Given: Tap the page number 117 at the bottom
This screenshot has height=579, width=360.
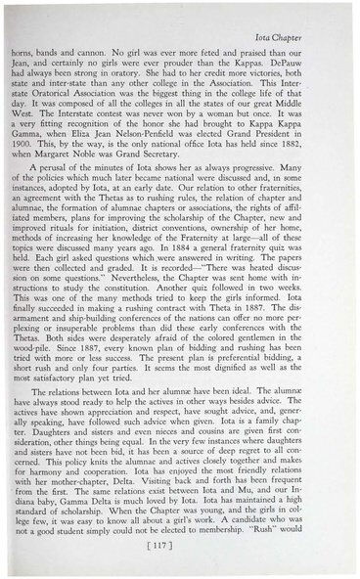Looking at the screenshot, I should pyautogui.click(x=181, y=546).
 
